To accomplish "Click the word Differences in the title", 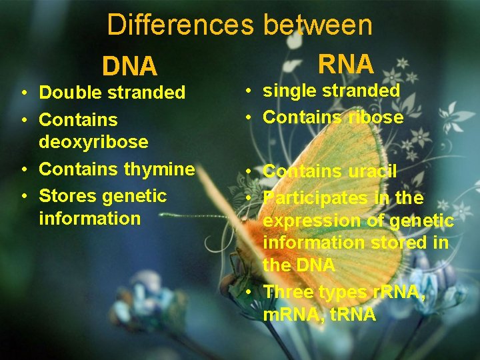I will [181, 25].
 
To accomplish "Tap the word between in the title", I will [318, 25].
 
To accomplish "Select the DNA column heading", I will [129, 66].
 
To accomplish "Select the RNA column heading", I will [345, 64].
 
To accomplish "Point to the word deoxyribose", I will [93, 142].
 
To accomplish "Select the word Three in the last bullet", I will [288, 292].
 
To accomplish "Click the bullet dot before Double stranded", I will [23, 93].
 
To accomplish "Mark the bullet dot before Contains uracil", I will [247, 171].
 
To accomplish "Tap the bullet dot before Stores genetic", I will [23, 196].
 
